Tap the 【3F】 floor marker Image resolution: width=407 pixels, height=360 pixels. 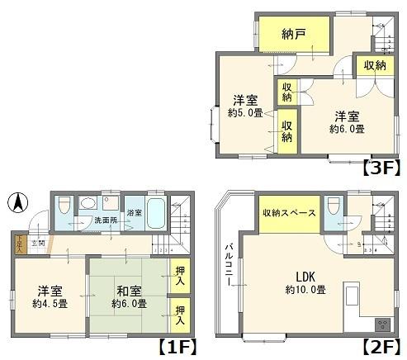click(x=381, y=168)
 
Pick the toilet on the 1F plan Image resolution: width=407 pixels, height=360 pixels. click(x=88, y=204)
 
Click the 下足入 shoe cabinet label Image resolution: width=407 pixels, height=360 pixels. click(x=20, y=243)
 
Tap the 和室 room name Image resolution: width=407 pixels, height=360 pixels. click(x=127, y=291)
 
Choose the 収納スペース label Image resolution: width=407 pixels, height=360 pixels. click(x=289, y=213)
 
